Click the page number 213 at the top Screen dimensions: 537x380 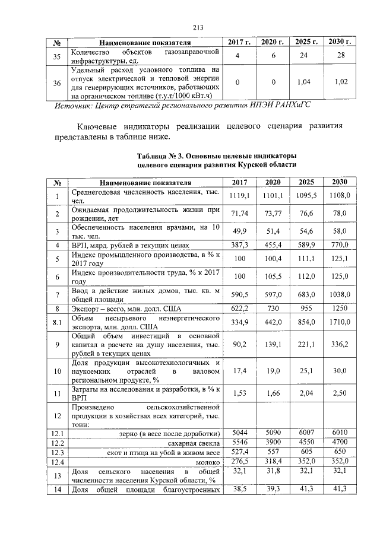click(198, 26)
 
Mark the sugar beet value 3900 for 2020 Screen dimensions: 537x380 click(273, 443)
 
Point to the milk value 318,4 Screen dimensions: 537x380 click(273, 461)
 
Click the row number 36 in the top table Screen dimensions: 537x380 click(58, 83)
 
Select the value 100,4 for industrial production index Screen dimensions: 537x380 click(273, 258)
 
